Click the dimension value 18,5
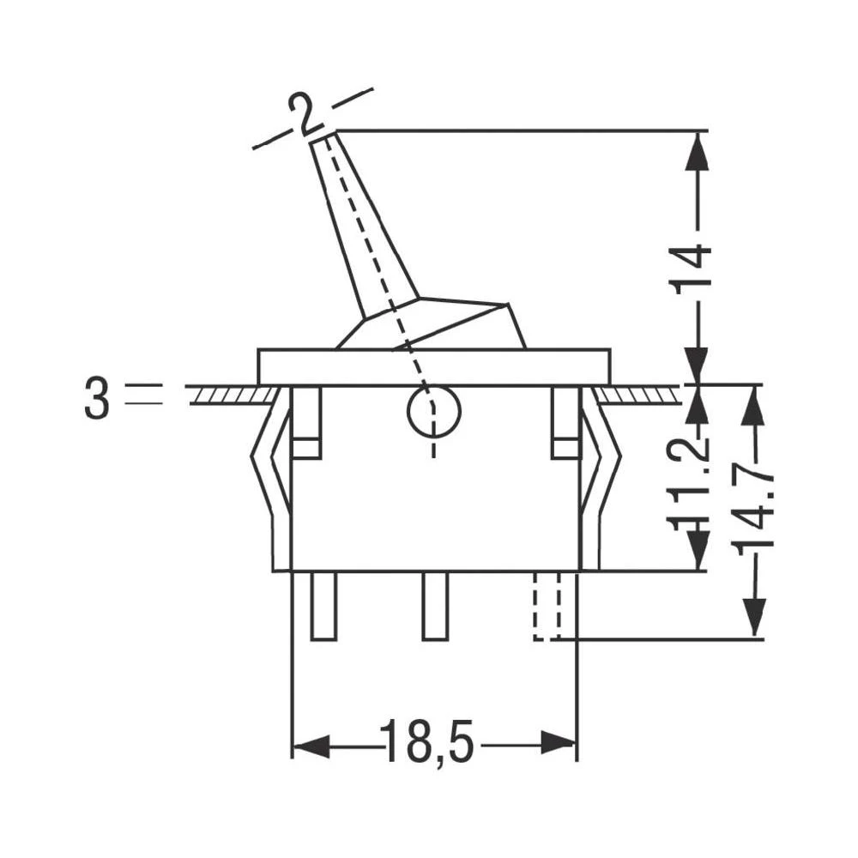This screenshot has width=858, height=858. point(426,742)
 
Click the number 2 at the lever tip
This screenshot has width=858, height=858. point(302,113)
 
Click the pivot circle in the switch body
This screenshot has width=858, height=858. point(433,413)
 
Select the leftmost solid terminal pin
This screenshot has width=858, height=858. point(323,606)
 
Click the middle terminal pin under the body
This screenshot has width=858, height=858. point(435,606)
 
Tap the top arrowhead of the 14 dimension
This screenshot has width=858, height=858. point(698,151)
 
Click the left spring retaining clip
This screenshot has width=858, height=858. point(273,480)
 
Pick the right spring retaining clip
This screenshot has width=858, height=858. point(599,480)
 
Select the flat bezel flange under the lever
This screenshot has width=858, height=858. point(433,366)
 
